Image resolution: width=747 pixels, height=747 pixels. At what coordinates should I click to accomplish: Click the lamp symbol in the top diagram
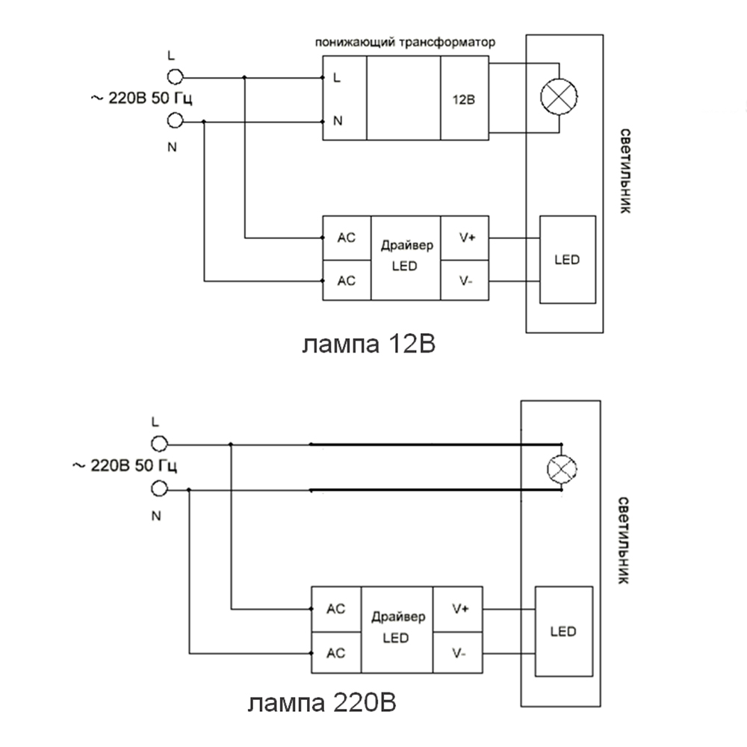click(x=560, y=97)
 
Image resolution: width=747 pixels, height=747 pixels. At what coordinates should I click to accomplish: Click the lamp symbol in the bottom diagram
click(x=560, y=469)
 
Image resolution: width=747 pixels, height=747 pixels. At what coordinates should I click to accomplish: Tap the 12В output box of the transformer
click(x=465, y=99)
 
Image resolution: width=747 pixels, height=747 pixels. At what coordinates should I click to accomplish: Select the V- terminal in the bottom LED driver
click(x=459, y=654)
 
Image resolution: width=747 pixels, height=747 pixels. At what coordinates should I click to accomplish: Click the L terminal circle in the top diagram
click(x=175, y=76)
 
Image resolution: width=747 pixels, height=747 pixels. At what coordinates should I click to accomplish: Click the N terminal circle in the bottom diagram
click(x=158, y=489)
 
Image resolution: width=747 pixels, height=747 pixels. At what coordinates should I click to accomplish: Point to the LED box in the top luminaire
click(x=568, y=260)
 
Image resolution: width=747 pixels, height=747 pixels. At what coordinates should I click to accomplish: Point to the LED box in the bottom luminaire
click(x=564, y=632)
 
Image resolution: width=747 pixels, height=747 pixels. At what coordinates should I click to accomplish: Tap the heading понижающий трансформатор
click(x=405, y=43)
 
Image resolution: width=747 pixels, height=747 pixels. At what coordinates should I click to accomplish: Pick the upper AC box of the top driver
click(x=347, y=238)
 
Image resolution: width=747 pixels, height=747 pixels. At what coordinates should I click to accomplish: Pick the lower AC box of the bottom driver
click(x=336, y=653)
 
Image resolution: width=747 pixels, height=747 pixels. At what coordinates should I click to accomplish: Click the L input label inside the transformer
click(x=338, y=77)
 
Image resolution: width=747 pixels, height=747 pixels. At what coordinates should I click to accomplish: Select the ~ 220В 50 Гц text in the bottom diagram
click(x=124, y=466)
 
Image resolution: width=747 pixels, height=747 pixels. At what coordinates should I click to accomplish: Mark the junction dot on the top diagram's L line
click(x=244, y=77)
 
